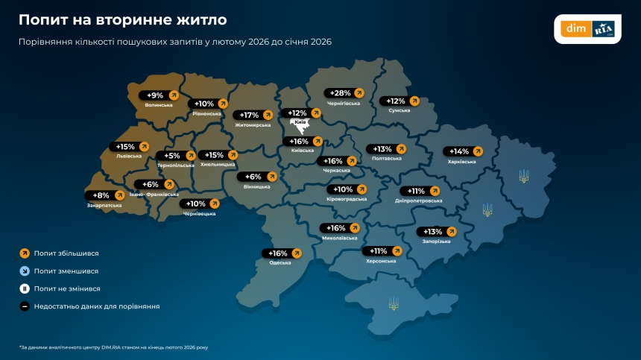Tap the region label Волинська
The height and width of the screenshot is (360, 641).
(159, 105)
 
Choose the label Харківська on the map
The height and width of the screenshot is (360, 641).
(462, 162)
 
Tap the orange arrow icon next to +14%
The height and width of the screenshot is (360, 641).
(478, 151)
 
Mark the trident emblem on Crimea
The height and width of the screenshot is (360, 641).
(394, 303)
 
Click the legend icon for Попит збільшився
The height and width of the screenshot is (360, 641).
(25, 254)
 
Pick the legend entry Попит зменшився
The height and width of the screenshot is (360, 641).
(66, 271)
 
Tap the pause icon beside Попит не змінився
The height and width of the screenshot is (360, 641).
(25, 288)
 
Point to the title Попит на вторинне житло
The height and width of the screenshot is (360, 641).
(123, 19)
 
